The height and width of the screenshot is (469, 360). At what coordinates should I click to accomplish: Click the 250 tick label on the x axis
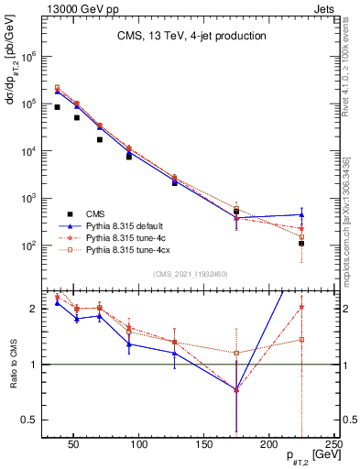coord(334,445)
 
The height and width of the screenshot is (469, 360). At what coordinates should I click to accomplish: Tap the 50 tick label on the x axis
coord(75,445)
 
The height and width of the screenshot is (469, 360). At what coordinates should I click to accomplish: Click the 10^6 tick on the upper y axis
coord(48,56)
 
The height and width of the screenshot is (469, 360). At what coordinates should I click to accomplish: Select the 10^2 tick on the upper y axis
coord(48,245)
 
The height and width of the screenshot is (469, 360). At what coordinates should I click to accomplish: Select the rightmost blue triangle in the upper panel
coord(301,214)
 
